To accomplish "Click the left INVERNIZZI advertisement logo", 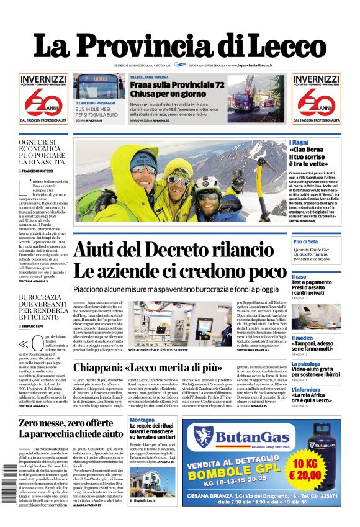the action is pyautogui.click(x=43, y=99).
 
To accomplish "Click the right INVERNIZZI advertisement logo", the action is pyautogui.click(x=317, y=99).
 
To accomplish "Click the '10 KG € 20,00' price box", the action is pyautogui.click(x=315, y=470).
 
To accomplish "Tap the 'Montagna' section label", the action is pyautogui.click(x=142, y=420).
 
